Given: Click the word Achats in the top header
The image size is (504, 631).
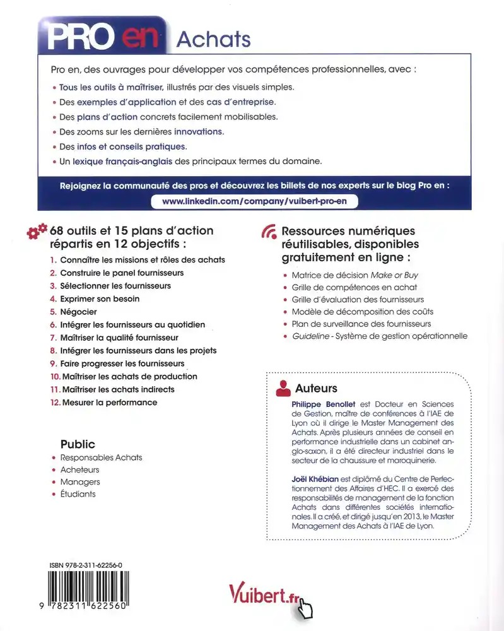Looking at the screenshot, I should (213, 39).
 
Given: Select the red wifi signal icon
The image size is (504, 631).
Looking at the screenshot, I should (268, 232).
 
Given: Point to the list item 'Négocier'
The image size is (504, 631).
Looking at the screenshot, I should (78, 312).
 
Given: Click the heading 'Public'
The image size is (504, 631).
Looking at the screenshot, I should (78, 444).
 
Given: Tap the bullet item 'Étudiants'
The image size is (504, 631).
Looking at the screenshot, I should (78, 494).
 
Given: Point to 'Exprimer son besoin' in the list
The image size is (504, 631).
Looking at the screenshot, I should (100, 298).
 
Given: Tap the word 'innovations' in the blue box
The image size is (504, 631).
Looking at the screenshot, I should (198, 131).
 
